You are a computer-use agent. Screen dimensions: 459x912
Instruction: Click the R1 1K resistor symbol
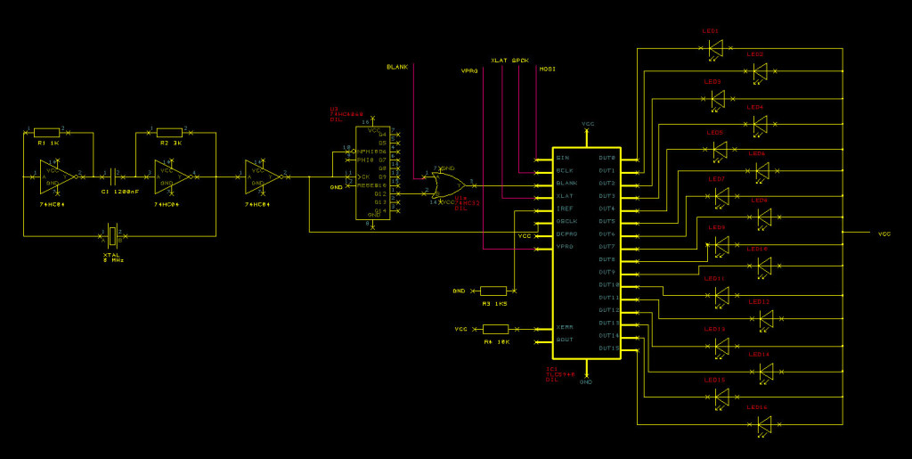46,132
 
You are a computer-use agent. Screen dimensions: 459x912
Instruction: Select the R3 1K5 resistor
493,291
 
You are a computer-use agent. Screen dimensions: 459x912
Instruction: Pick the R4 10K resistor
495,329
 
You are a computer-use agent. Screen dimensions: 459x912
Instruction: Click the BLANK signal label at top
397,67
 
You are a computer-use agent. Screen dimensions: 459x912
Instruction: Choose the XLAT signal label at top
500,60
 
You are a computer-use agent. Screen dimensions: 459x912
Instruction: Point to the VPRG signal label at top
469,70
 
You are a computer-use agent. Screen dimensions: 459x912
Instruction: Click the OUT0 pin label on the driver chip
607,158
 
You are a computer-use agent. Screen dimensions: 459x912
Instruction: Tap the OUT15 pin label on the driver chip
608,348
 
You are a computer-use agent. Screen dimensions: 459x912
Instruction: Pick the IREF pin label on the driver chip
564,208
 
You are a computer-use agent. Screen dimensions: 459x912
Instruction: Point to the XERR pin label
565,327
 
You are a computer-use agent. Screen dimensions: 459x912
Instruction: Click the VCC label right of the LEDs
883,234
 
